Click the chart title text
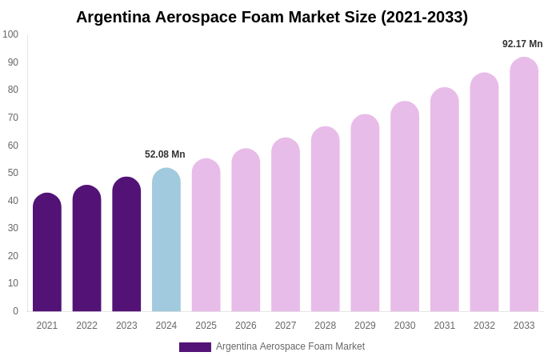[272, 17]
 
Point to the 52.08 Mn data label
[165, 154]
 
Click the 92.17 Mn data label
[522, 44]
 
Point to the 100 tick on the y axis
[10, 34]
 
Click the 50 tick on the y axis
[13, 173]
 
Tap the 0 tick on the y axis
[15, 311]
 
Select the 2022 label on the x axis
[86, 326]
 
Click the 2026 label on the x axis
[246, 326]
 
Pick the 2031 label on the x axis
[445, 326]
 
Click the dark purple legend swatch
[195, 347]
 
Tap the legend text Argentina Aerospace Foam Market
[290, 346]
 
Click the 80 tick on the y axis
[13, 90]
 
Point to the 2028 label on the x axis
[326, 326]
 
